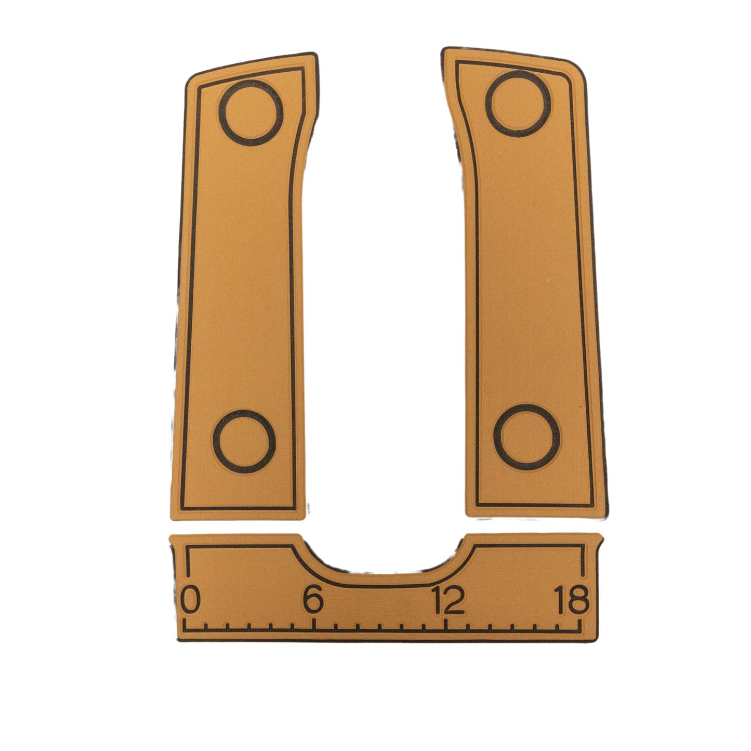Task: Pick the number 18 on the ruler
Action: pyautogui.click(x=572, y=600)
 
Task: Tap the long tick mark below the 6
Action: pyautogui.click(x=313, y=624)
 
